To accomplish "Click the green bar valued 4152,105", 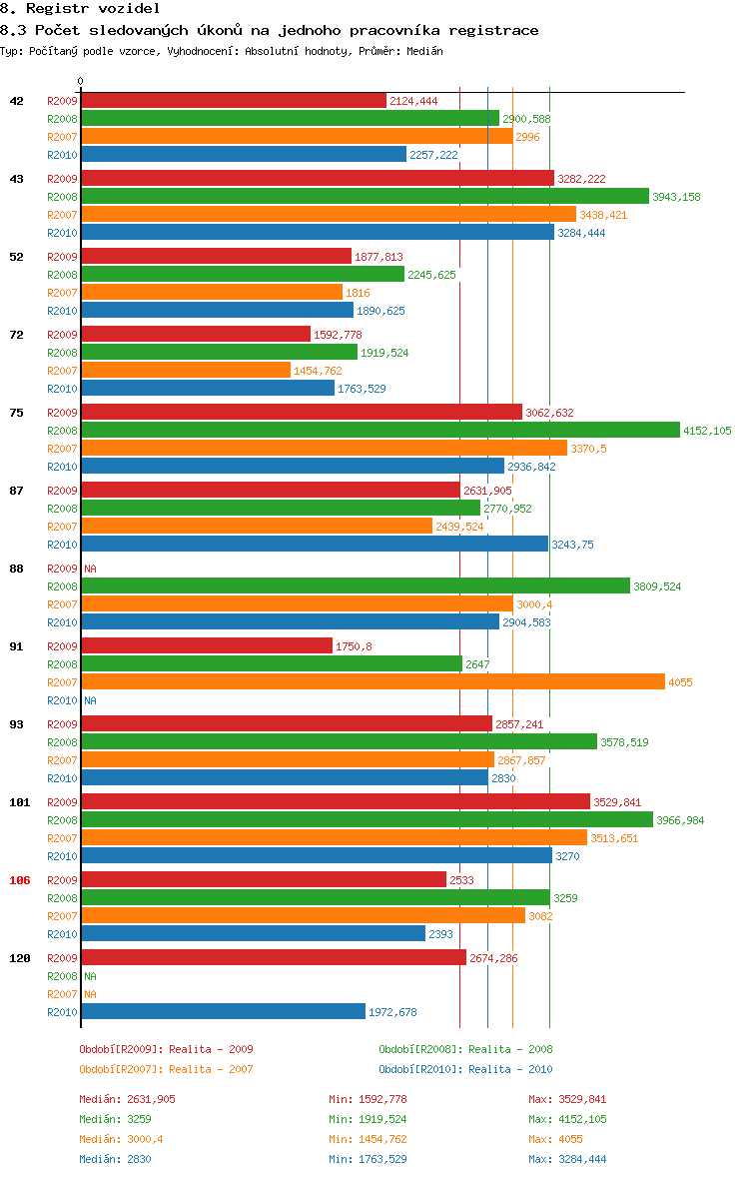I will click(379, 431).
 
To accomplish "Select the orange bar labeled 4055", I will click(373, 681).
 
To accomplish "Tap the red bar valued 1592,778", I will click(196, 334).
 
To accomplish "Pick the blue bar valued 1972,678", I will click(223, 1011).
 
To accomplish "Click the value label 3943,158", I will click(676, 197).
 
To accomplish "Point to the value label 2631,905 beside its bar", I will click(487, 491).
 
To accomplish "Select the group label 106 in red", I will click(20, 880).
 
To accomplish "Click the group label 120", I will click(20, 958).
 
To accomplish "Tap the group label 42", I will click(17, 101).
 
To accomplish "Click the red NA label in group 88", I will click(90, 569).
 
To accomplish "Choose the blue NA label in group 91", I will click(90, 700).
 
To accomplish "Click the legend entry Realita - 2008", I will click(465, 1049).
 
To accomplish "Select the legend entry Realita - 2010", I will click(465, 1069).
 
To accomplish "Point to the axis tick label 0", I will click(81, 81).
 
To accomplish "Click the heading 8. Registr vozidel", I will click(66, 8).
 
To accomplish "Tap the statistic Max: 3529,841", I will click(567, 1099).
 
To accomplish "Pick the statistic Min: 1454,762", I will click(368, 1139).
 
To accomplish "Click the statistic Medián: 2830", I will click(115, 1159).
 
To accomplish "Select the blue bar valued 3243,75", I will click(315, 544).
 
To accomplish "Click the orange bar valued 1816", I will click(212, 292).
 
